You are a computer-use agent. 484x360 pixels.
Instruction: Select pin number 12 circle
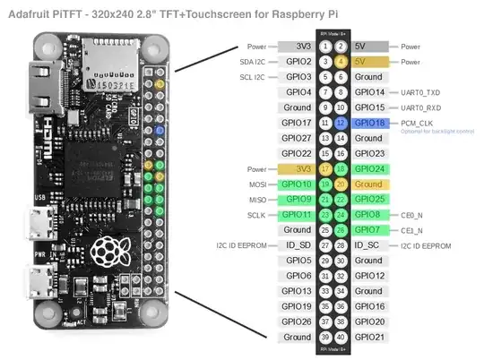point(341,122)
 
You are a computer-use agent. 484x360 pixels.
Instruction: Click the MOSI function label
point(255,184)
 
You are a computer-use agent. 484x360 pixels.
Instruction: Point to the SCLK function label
point(254,215)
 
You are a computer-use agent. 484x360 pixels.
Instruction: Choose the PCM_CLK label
point(418,122)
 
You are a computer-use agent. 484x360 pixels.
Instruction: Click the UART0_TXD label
point(419,91)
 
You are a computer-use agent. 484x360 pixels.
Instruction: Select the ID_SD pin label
point(298,245)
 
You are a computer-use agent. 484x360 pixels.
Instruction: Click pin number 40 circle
point(341,337)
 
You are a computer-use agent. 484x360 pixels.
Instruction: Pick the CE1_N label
point(412,230)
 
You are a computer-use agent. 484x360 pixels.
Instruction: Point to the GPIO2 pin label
point(298,61)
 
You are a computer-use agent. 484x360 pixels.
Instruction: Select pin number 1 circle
point(325,46)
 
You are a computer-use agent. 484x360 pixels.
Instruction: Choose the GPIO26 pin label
point(298,321)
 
